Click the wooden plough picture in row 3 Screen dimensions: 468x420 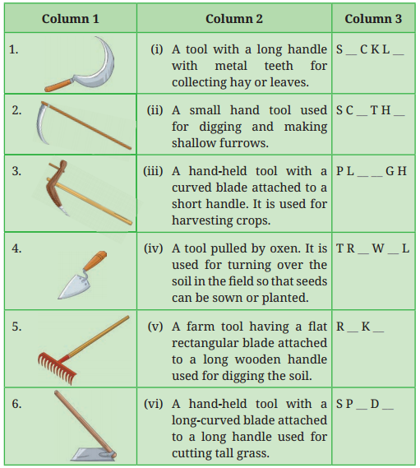[82, 192]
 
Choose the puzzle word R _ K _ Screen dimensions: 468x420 [360, 326]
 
